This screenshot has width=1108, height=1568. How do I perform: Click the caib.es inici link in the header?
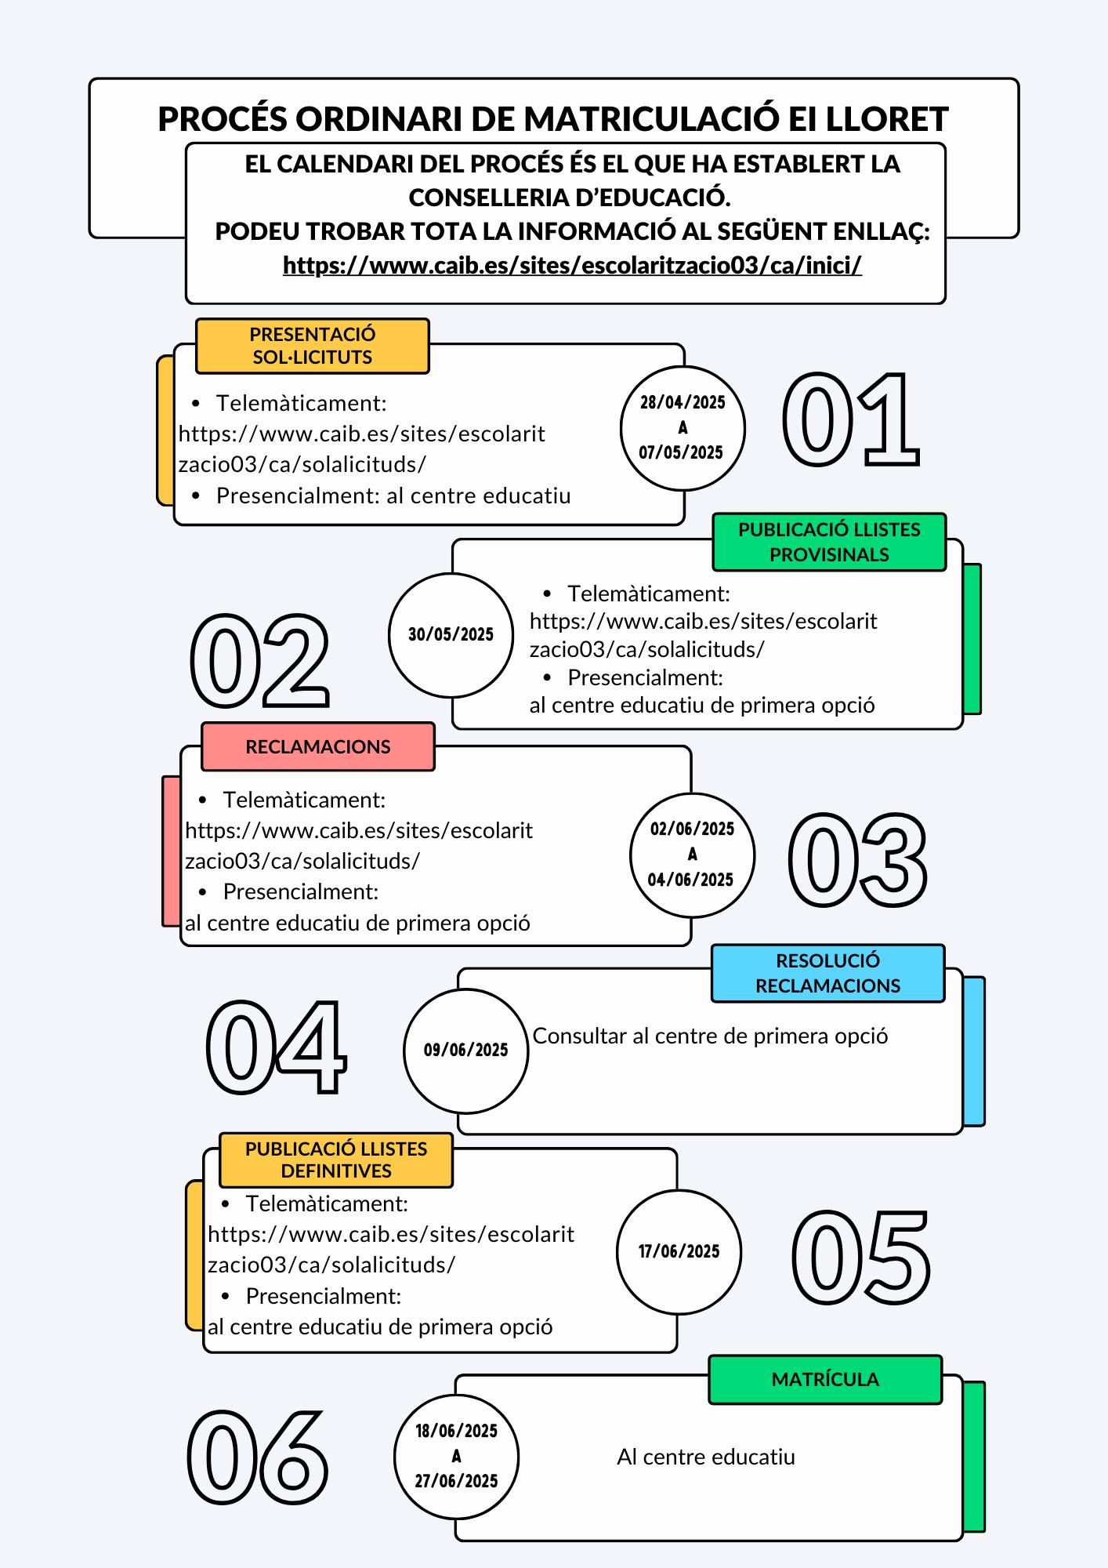coord(572,266)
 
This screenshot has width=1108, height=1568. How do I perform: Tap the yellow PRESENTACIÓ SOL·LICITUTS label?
coord(312,346)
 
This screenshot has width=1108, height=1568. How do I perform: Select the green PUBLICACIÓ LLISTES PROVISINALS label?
coord(829,542)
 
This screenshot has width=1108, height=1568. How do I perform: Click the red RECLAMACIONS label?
coord(317,746)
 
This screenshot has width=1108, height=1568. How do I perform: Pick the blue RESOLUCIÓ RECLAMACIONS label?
coord(827,973)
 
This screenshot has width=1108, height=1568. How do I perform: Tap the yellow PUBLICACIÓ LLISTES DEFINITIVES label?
coord(336,1160)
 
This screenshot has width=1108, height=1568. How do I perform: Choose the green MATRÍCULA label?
coord(825,1379)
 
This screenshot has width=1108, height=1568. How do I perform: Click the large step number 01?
coord(851,420)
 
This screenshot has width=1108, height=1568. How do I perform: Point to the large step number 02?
coord(259,660)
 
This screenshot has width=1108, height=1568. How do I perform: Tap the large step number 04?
coord(276,1047)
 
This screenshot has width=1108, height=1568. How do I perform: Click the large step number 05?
coord(861,1257)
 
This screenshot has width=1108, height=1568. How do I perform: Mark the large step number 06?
coord(258,1456)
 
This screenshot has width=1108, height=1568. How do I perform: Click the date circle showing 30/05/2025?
coord(451,635)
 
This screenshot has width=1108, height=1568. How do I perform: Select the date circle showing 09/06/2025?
coord(466,1051)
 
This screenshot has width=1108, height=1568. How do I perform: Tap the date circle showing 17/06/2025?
coord(679,1251)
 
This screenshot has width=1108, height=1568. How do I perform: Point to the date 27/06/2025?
coord(457,1481)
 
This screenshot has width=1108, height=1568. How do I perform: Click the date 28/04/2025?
coord(683,402)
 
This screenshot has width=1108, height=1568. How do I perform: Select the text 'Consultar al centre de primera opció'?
coord(710,1036)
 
